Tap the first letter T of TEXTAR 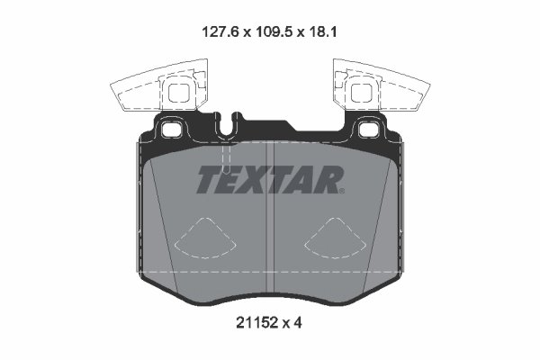(208, 179)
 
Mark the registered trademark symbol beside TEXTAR (341, 190)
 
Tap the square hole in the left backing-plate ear (171, 129)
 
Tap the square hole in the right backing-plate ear (369, 129)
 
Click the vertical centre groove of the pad (271, 225)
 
